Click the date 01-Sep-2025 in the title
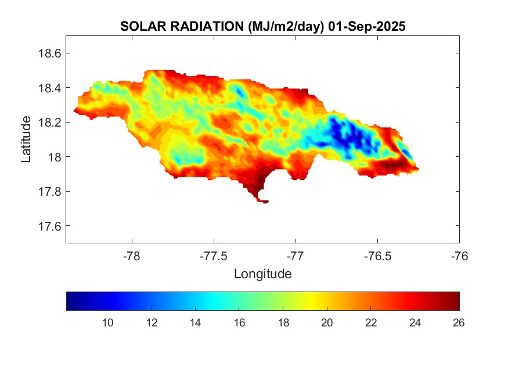[x=366, y=27]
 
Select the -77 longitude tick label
[x=296, y=256]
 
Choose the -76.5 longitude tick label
[x=377, y=256]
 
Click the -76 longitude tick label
[x=459, y=256]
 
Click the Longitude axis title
[x=262, y=274]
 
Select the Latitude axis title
[x=26, y=139]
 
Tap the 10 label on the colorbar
[x=107, y=324]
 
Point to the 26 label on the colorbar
[x=458, y=324]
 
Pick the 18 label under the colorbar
[x=283, y=324]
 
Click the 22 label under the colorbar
[x=370, y=324]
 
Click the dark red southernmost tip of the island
[x=263, y=201]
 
